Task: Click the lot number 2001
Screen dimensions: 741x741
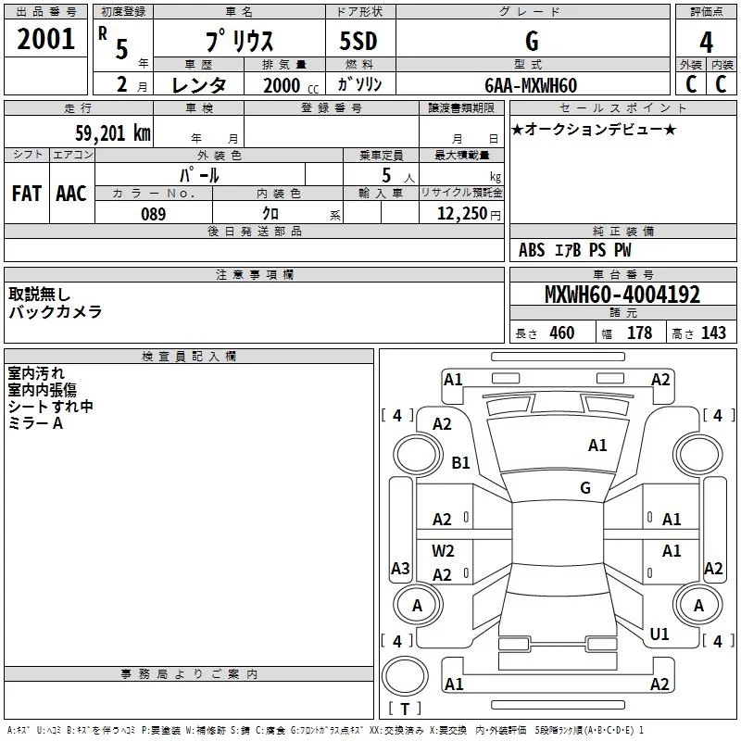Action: (x=46, y=40)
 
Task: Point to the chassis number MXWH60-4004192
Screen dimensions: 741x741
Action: (x=622, y=295)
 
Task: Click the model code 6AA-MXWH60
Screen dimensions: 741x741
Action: (x=531, y=85)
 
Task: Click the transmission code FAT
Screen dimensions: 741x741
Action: (x=26, y=193)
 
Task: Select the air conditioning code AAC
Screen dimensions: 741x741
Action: (x=71, y=193)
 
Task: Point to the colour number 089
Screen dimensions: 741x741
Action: (x=153, y=214)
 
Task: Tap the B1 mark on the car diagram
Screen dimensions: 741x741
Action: (x=460, y=462)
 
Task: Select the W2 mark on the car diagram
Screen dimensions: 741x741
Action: (x=443, y=550)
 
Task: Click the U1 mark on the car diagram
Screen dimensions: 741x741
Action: (x=659, y=634)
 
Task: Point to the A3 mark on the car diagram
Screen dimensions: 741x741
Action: (x=400, y=569)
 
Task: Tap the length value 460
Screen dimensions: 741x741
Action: (x=561, y=333)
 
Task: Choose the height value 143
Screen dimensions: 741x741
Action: (x=713, y=333)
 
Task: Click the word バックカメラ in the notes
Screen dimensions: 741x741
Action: (x=56, y=311)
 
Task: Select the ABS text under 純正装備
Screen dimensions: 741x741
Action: (x=532, y=250)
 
